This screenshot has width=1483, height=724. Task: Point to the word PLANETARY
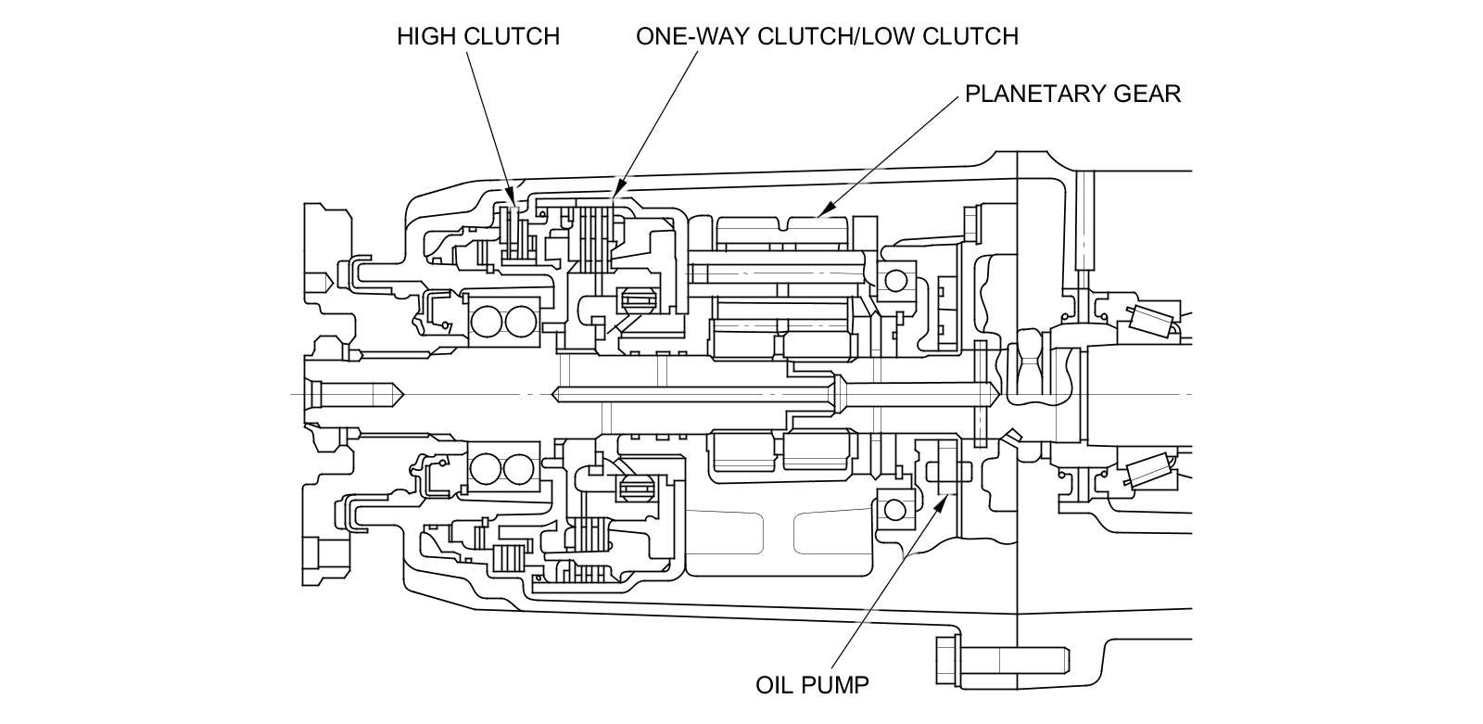point(1034,94)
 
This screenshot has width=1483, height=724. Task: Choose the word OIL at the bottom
point(774,685)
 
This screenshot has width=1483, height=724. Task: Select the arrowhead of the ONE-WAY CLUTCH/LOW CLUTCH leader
point(618,189)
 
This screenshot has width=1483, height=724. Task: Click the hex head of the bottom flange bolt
point(947,660)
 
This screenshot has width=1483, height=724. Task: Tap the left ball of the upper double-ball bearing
point(487,322)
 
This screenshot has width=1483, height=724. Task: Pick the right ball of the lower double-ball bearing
point(519,468)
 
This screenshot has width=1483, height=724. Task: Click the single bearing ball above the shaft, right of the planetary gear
point(895,281)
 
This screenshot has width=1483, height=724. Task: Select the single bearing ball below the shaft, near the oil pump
point(894,509)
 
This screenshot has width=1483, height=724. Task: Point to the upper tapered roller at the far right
point(1151,321)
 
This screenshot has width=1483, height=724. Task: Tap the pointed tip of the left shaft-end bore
point(403,395)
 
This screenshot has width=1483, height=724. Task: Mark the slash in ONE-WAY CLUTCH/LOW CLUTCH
point(856,36)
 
